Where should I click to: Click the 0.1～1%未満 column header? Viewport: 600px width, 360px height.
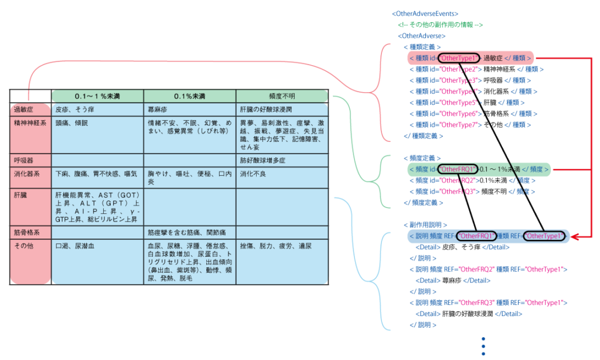coord(97,96)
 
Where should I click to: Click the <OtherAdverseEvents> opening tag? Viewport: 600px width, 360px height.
coord(425,13)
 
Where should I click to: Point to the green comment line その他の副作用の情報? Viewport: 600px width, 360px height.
coord(440,25)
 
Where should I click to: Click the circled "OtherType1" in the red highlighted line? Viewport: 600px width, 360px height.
coord(459,58)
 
